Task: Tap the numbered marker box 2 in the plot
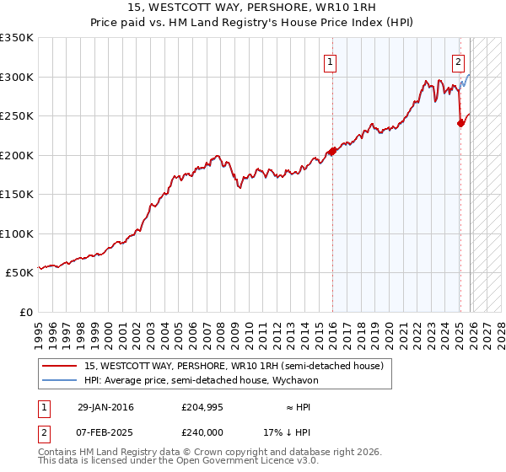click(458, 61)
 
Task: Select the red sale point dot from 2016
click(332, 151)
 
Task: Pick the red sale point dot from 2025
click(460, 123)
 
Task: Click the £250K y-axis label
click(17, 115)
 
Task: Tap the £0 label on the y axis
click(25, 312)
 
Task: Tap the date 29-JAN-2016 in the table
click(105, 407)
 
